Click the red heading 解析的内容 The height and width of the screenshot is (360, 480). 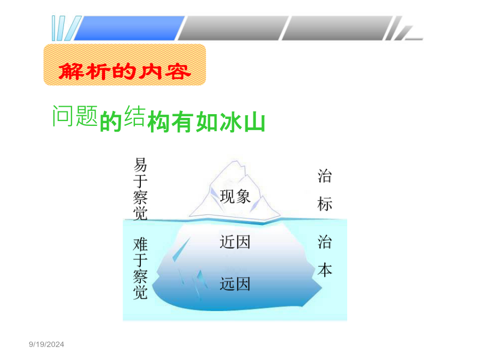(125, 71)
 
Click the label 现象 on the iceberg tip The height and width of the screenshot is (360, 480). (235, 196)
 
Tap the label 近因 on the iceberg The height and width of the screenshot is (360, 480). (235, 242)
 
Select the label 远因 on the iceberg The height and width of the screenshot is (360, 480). (235, 284)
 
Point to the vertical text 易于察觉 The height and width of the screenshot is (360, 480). (140, 189)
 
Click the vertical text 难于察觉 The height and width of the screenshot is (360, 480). (140, 268)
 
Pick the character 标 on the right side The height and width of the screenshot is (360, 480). (325, 204)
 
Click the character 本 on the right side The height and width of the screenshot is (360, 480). (325, 270)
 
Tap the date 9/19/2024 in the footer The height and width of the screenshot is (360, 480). (46, 345)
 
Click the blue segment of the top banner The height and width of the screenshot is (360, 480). (129, 28)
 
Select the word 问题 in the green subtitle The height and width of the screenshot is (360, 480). (75, 116)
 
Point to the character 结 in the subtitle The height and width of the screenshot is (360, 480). (135, 116)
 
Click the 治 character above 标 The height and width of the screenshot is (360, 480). (325, 176)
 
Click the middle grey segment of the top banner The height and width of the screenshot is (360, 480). (233, 28)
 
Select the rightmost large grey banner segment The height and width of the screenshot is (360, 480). (337, 28)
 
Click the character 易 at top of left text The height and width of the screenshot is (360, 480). (140, 165)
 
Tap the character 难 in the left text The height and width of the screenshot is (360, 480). (140, 245)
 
